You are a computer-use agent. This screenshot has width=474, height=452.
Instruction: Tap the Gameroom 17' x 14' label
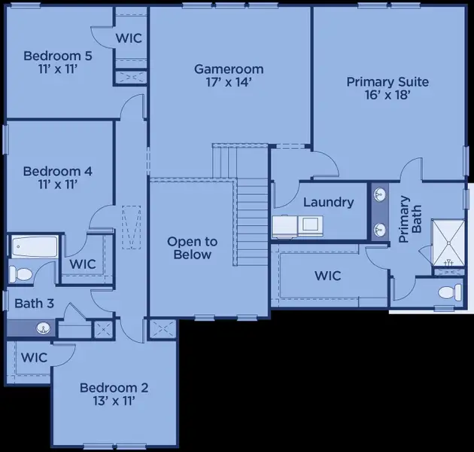coord(229,75)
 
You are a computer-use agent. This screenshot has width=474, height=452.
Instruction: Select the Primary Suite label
coord(387,88)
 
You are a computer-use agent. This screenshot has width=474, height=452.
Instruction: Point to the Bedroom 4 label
coord(57,178)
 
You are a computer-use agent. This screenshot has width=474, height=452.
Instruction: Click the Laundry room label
coord(328,202)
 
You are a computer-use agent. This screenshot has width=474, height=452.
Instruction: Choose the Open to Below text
coord(192,248)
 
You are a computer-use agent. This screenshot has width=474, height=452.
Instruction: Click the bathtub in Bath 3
coord(35,246)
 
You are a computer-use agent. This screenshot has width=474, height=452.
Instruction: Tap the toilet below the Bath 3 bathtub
coord(23,274)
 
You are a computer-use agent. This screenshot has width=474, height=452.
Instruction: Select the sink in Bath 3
coord(44,328)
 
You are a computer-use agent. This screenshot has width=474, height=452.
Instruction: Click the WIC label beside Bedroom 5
coord(129,38)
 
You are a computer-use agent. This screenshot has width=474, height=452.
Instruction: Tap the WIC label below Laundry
coord(328,276)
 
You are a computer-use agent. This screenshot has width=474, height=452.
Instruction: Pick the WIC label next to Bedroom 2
coord(33,357)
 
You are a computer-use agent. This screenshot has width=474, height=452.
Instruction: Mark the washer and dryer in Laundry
coord(298,224)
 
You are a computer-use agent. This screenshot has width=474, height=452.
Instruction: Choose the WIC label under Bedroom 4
coord(83,264)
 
